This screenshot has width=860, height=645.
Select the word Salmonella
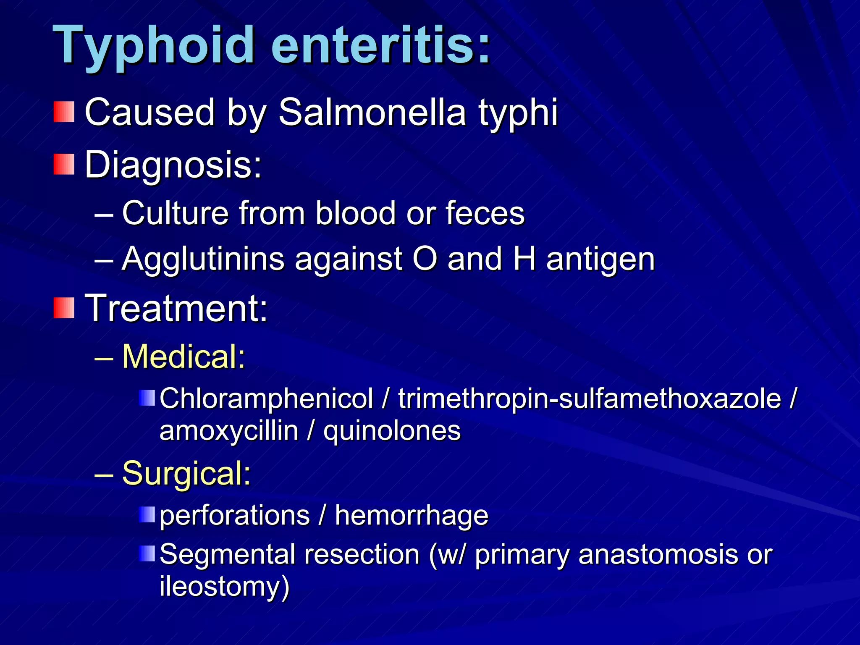[372, 113]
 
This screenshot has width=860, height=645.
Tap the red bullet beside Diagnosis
[64, 164]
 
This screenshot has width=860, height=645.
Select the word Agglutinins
[203, 259]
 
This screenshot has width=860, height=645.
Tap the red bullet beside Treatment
[64, 308]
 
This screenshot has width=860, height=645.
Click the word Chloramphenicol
[266, 398]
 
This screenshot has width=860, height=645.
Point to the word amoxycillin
[229, 431]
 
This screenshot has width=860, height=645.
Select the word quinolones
[392, 432]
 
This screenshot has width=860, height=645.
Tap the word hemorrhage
[412, 515]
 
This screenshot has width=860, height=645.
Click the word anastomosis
[657, 554]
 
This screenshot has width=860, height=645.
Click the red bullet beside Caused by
[64, 112]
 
